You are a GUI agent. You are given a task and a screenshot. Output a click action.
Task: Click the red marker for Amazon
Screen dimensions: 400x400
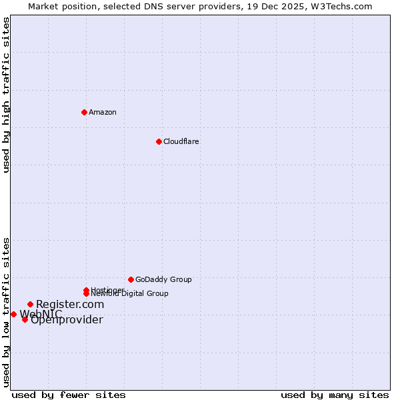84,112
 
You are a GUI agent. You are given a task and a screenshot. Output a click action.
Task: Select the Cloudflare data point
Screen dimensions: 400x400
159,141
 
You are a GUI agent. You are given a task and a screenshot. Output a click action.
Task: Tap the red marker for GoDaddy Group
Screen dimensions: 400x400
131,279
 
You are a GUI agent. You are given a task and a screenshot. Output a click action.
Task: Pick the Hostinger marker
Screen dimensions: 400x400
86,290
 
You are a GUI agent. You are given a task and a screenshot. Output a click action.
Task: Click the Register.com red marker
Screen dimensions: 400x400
30,304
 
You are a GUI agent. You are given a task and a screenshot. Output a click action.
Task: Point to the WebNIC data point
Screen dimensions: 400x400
13,314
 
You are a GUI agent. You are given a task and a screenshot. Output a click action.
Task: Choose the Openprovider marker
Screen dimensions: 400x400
25,319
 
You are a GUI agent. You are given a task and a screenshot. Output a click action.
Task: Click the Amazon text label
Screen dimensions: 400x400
103,112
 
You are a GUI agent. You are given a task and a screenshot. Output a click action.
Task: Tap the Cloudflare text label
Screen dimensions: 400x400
181,141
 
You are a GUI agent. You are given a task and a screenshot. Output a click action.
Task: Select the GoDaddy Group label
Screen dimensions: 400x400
163,279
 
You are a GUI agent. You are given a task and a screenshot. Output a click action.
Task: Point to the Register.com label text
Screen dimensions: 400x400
70,304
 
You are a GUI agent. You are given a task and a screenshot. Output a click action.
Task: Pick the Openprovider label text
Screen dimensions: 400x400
67,320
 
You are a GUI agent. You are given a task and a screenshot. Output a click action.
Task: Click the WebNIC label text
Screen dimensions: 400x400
41,313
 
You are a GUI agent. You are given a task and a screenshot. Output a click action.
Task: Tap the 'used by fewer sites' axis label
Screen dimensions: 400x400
69,395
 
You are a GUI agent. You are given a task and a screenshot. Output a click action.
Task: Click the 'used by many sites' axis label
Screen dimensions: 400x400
335,395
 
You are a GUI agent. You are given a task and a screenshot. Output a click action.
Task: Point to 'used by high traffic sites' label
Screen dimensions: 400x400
6,95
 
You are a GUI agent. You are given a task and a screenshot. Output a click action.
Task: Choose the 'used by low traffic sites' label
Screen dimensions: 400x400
6,311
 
